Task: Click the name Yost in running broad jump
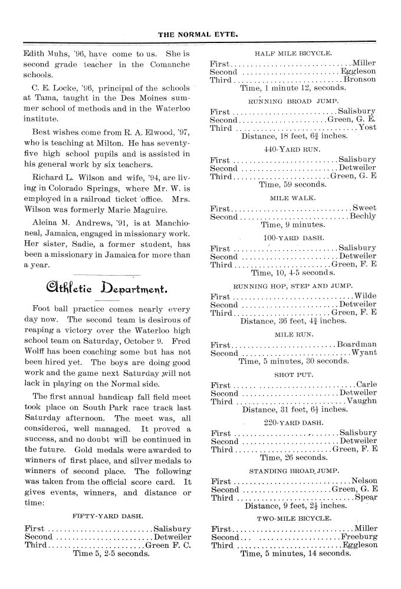(x=367, y=128)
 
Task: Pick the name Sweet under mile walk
(x=364, y=208)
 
